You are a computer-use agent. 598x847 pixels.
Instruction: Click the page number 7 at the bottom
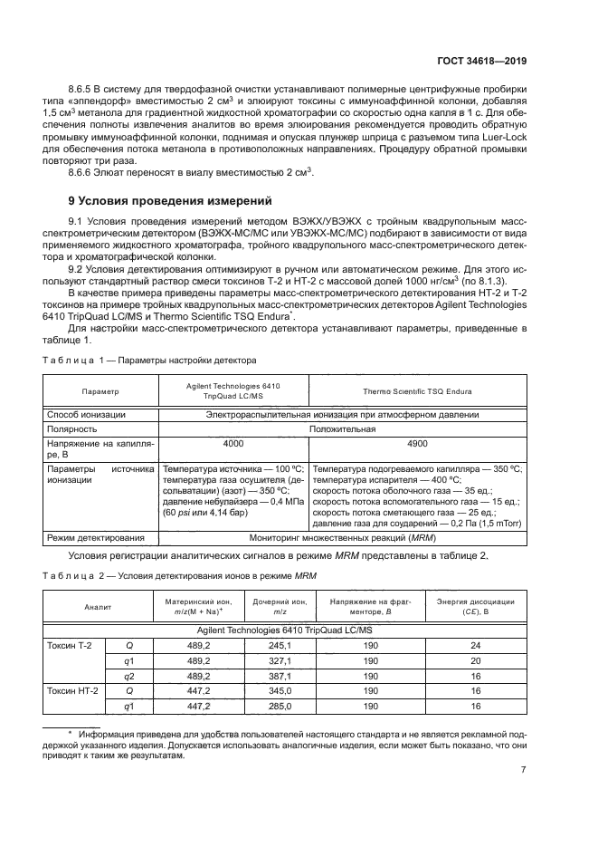click(x=524, y=771)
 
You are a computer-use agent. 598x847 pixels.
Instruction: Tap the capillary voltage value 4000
click(x=233, y=445)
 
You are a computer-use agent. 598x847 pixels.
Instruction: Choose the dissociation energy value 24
click(x=476, y=645)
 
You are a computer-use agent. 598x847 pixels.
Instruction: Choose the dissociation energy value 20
click(x=476, y=661)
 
